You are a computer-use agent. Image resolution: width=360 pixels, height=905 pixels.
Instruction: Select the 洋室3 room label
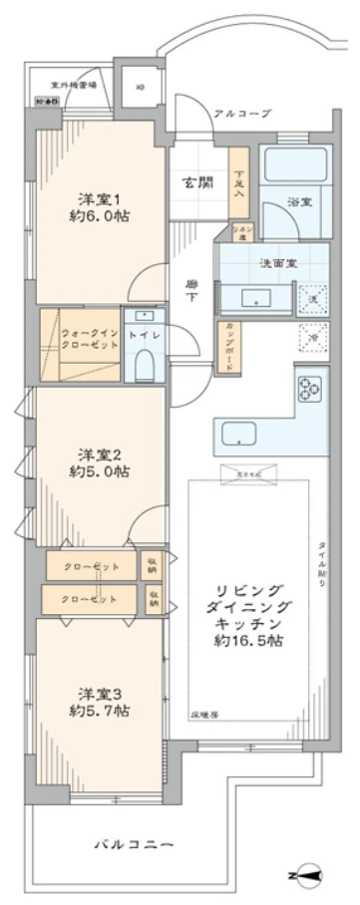[x=99, y=694]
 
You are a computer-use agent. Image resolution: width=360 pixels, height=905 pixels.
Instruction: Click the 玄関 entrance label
[x=195, y=182]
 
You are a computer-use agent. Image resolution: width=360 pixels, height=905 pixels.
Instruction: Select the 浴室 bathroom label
[x=297, y=202]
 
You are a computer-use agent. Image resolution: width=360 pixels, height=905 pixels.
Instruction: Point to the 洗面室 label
[x=274, y=264]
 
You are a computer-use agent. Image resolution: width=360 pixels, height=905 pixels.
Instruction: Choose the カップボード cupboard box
[x=230, y=348]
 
